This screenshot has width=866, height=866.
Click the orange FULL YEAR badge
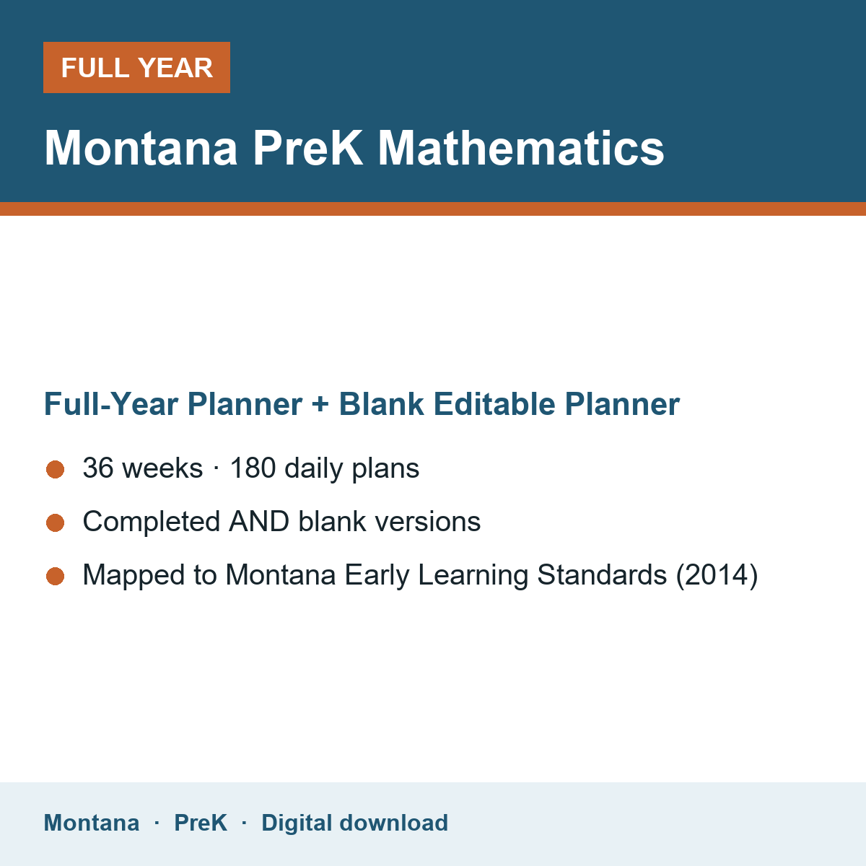pos(136,67)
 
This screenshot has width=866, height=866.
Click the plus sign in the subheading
pos(320,404)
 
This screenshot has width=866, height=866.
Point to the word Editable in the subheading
pos(494,404)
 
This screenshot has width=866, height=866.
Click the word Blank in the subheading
pos(381,404)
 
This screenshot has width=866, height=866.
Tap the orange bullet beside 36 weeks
pos(56,469)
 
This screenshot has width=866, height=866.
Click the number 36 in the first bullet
pos(98,468)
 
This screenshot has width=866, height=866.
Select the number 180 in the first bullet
pos(253,468)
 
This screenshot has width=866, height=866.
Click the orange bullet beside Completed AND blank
pos(56,522)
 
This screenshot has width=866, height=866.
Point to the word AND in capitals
pos(259,521)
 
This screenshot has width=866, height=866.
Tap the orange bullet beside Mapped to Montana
pos(56,576)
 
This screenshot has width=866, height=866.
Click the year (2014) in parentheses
pos(717,574)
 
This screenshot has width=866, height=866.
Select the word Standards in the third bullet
pos(602,574)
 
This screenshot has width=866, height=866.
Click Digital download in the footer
pos(355,823)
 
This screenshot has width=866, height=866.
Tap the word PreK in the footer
pos(201,823)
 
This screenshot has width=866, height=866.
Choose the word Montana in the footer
pos(92,823)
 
